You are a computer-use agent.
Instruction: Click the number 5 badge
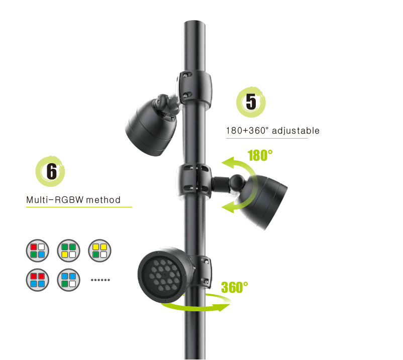[251, 102]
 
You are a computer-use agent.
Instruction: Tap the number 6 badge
[50, 171]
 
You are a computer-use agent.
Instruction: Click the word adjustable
[295, 131]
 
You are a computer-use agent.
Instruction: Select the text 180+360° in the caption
[247, 131]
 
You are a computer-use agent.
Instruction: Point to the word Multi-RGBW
[55, 199]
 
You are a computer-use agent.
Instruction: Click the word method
[103, 199]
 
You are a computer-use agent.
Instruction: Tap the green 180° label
[260, 155]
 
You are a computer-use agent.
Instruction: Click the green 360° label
[234, 287]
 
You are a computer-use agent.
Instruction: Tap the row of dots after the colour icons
[100, 280]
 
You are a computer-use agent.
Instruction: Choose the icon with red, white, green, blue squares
[38, 251]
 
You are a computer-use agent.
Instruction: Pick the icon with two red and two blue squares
[38, 280]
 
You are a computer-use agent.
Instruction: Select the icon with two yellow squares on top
[99, 251]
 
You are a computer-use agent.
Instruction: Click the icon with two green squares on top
[69, 251]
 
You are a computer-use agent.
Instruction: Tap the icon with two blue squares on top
[69, 280]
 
